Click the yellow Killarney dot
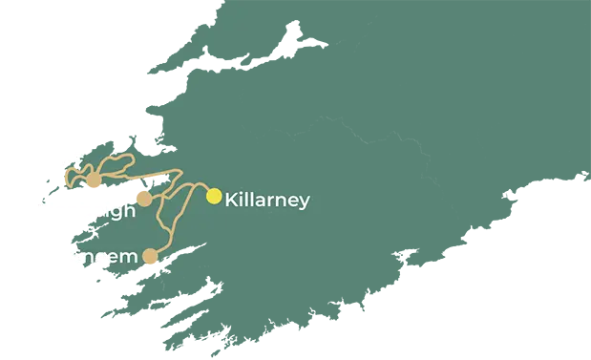coord(214,196)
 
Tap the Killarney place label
coord(266,201)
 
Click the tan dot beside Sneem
coord(150,256)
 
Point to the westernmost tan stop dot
coord(94,181)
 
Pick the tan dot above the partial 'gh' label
coord(143,198)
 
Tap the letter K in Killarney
coord(231,201)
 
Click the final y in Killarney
coord(304,203)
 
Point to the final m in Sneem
coord(128,258)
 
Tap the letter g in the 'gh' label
coord(114,214)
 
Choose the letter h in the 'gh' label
coord(128,210)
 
